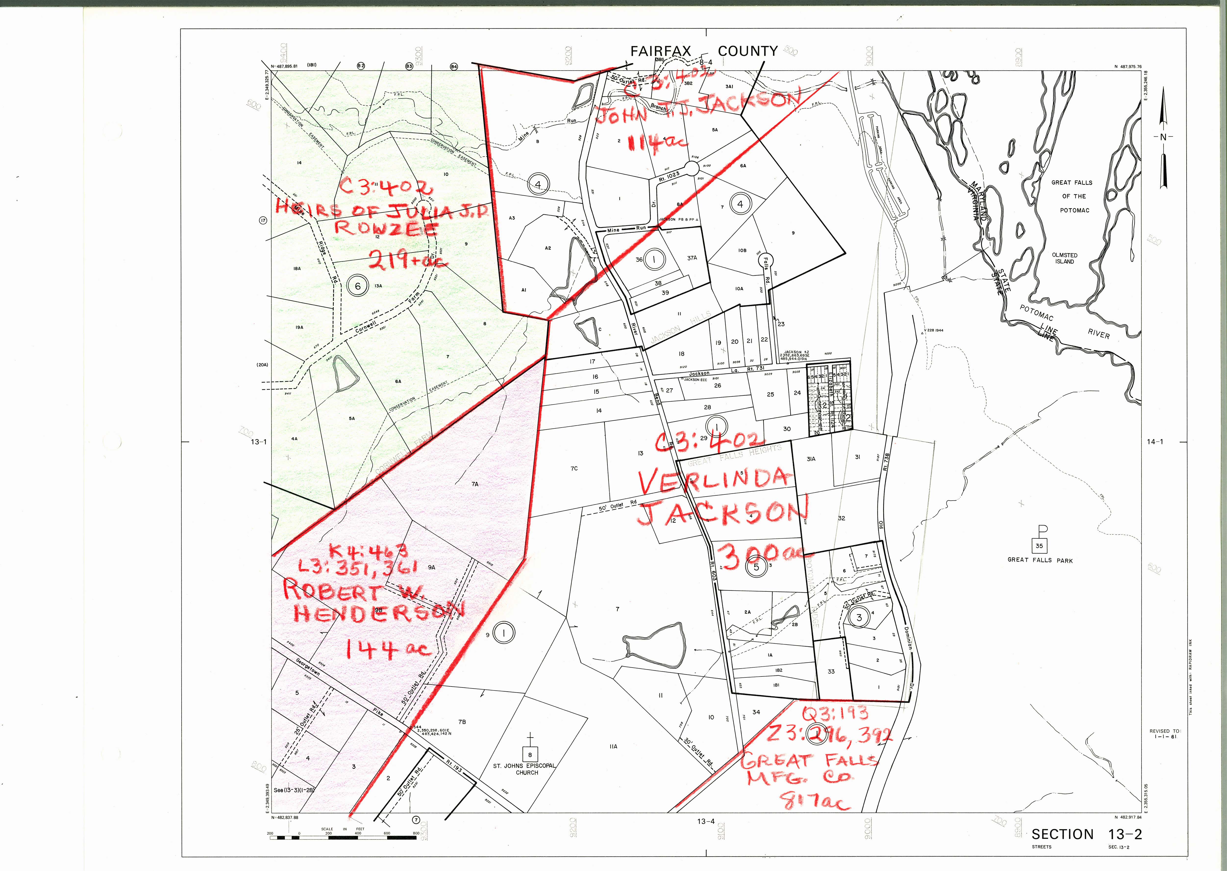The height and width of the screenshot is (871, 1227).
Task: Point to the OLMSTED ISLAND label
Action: pos(1065,258)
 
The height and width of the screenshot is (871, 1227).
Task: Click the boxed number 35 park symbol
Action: pos(1039,546)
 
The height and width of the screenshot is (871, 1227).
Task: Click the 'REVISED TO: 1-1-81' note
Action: pos(1165,734)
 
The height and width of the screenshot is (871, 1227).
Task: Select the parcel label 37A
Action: pos(692,258)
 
